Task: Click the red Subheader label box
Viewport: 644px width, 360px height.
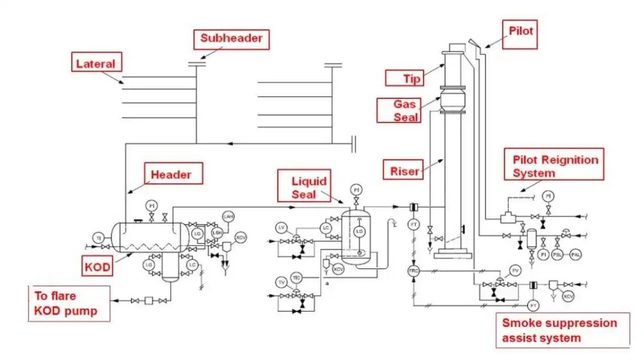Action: tap(231, 39)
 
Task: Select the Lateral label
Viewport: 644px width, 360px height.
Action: tap(96, 63)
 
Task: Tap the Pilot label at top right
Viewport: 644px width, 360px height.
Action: tap(520, 31)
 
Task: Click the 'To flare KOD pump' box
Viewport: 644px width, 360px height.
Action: tap(69, 304)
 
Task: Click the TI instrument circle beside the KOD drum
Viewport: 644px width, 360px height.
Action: tap(99, 238)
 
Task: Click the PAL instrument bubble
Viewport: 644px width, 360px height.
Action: tap(576, 255)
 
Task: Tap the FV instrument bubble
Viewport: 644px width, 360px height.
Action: tap(515, 270)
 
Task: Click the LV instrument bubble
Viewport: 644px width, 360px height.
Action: tap(282, 227)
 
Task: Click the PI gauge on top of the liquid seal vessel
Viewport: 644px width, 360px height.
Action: tap(356, 190)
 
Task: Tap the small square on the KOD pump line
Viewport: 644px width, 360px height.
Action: tap(149, 301)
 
